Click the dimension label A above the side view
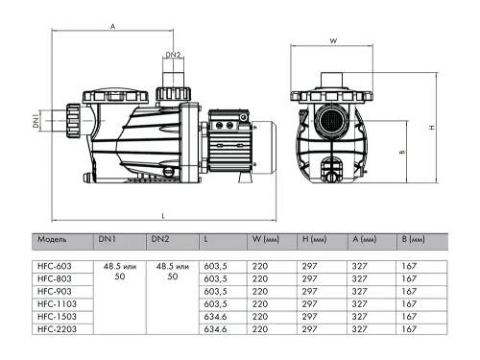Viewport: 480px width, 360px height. point(113,28)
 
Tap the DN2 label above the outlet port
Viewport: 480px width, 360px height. point(173,56)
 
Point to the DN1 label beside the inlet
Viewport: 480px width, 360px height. point(36,122)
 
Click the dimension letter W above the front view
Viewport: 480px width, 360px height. point(331,41)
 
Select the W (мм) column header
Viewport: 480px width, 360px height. point(265,240)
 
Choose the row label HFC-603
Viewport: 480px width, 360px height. point(53,264)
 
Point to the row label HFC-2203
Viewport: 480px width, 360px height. point(55,327)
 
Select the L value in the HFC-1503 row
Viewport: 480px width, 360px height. point(216,315)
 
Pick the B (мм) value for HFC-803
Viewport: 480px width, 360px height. point(410,276)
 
